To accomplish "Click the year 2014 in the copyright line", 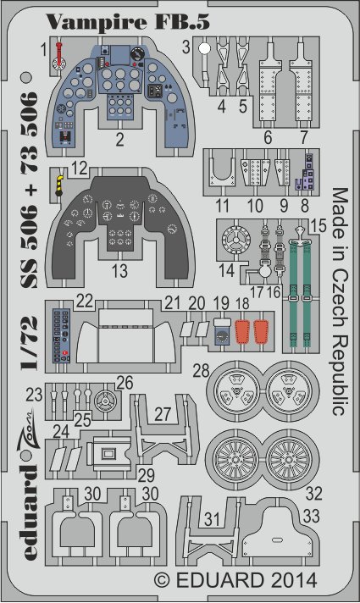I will tap(291, 581).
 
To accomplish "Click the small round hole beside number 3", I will tap(205, 49).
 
